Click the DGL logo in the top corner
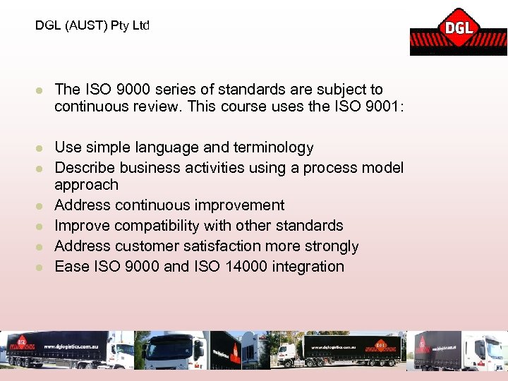(458, 30)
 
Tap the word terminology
(277, 147)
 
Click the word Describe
(85, 168)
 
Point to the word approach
(86, 185)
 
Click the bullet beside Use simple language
(41, 148)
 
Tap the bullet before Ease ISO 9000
(41, 267)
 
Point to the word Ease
(70, 267)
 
